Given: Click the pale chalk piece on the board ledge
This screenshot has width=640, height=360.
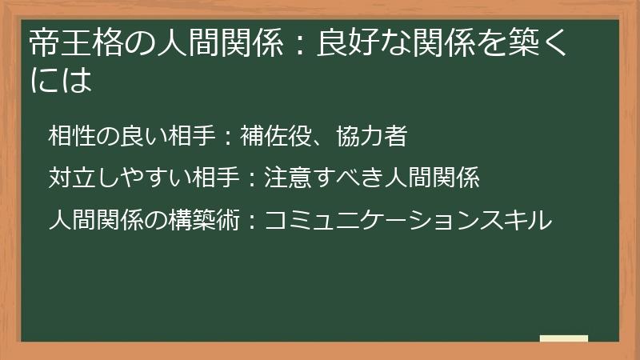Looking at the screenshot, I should coord(563,338).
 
